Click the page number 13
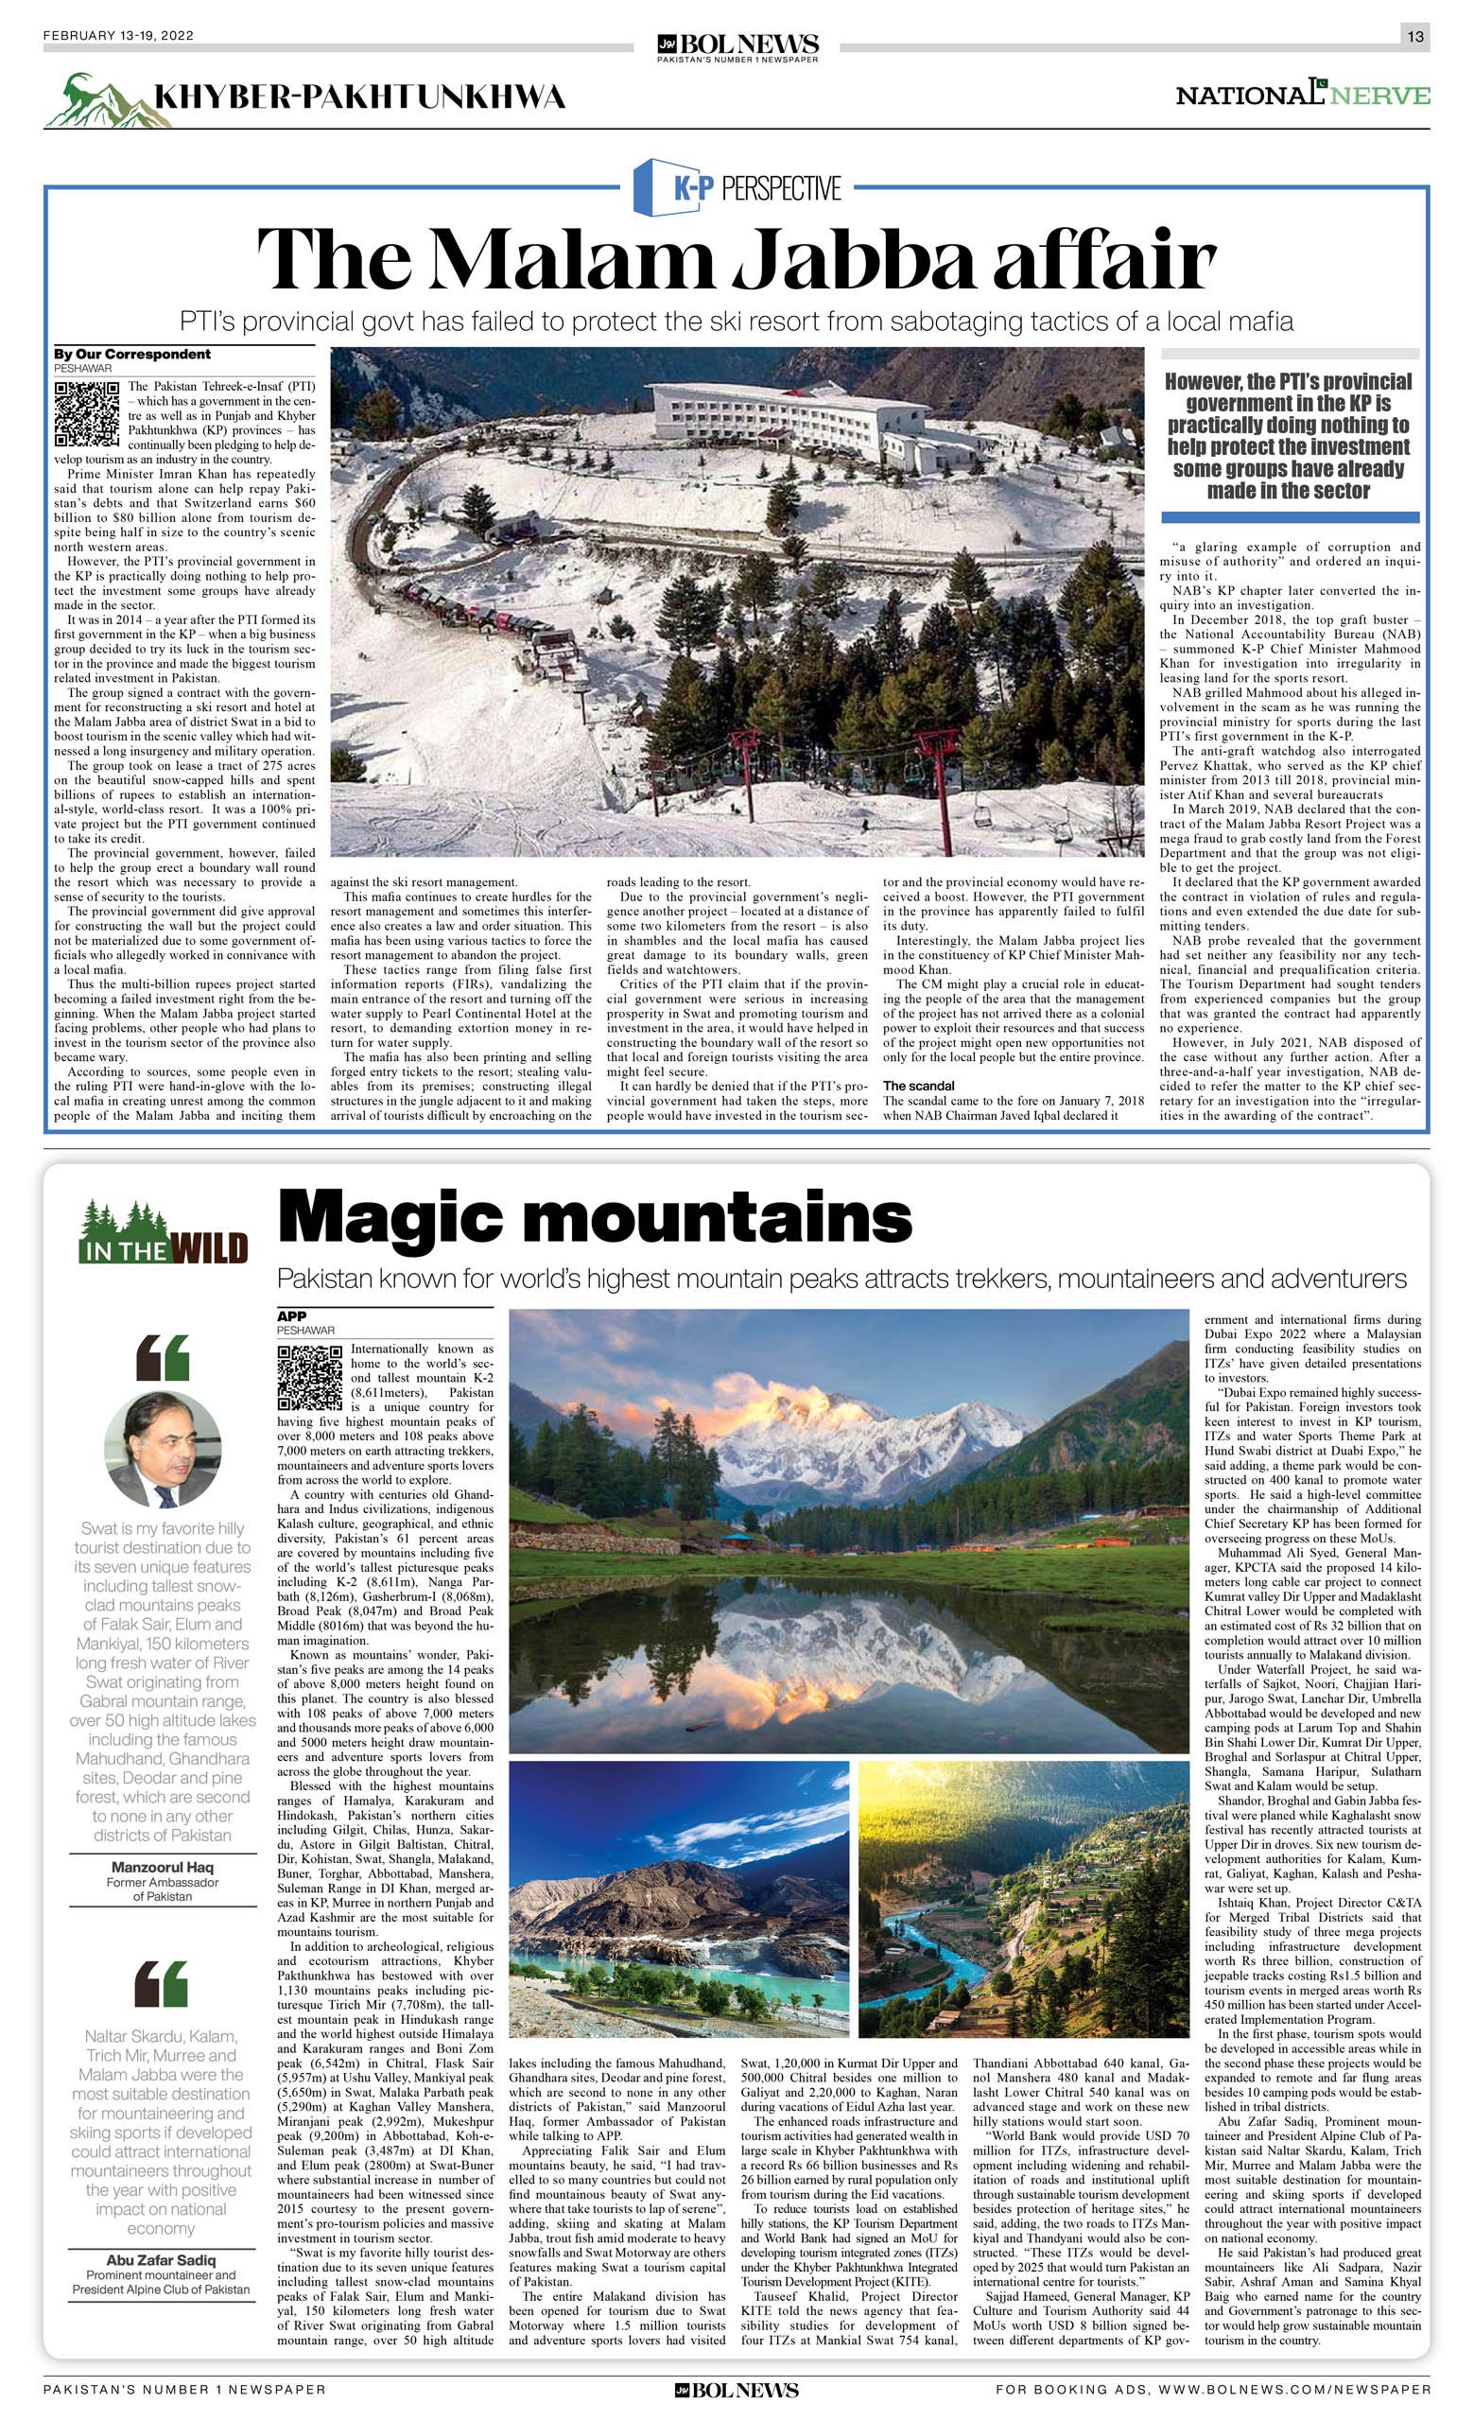tap(1414, 36)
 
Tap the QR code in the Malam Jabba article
tap(87, 413)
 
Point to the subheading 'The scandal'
tap(918, 1086)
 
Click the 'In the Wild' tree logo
tap(163, 1231)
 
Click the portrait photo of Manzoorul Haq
tap(163, 1449)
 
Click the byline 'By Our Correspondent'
tap(132, 354)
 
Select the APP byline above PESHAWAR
tap(291, 1316)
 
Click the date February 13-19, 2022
tap(119, 36)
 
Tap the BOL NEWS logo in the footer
tap(737, 2397)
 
